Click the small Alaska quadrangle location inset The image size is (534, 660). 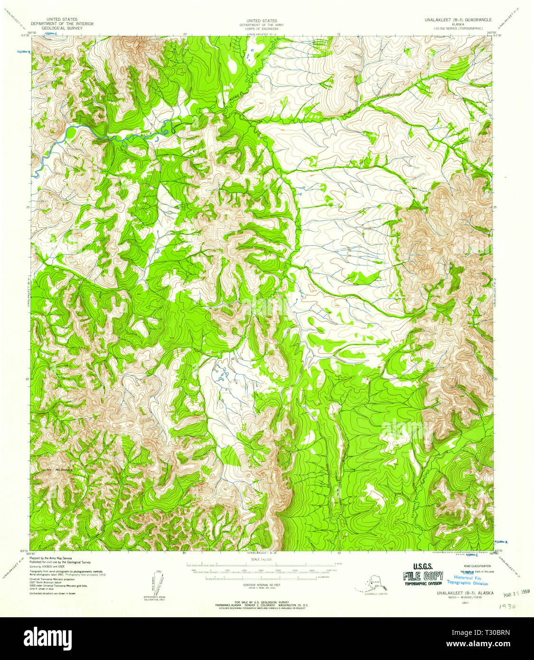click(x=372, y=585)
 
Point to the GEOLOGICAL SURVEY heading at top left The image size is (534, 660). click(x=62, y=28)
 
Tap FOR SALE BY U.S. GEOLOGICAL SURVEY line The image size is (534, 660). click(x=261, y=602)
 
